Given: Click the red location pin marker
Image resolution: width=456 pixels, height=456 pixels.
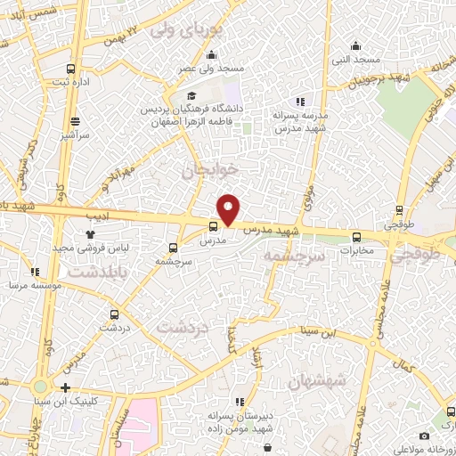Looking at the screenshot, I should tap(229, 209).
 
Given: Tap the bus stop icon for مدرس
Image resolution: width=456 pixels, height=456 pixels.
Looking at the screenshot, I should tap(213, 226).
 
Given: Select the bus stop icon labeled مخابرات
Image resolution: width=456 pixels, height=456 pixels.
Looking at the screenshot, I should tap(357, 236).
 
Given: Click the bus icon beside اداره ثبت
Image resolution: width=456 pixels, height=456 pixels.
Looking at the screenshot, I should tap(70, 68).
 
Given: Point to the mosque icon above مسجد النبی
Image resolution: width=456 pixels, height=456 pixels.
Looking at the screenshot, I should tap(355, 46).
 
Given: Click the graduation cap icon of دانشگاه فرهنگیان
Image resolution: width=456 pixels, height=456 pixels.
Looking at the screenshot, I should tap(191, 96).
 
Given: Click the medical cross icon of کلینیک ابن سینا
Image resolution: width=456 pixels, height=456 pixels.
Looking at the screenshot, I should tap(66, 387).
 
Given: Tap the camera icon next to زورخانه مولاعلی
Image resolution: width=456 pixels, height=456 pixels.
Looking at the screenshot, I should tap(424, 436).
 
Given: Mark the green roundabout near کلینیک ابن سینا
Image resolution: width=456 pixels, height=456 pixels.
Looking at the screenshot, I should tap(40, 387).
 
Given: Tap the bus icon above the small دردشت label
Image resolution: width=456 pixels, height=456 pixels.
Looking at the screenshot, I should tap(113, 314).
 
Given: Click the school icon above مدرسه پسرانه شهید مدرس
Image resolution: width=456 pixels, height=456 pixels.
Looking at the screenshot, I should tap(300, 102).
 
